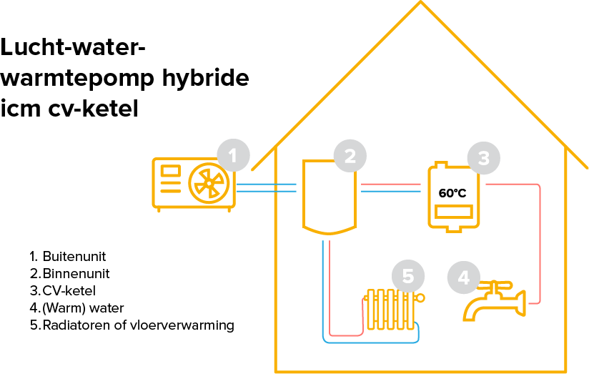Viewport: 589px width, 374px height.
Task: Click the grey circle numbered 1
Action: click(233, 154)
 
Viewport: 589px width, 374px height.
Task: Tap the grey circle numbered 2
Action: click(350, 155)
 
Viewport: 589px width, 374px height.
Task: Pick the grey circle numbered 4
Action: click(464, 277)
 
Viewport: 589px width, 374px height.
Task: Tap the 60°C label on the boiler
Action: click(452, 193)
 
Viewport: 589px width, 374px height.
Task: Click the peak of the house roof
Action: click(420, 4)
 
